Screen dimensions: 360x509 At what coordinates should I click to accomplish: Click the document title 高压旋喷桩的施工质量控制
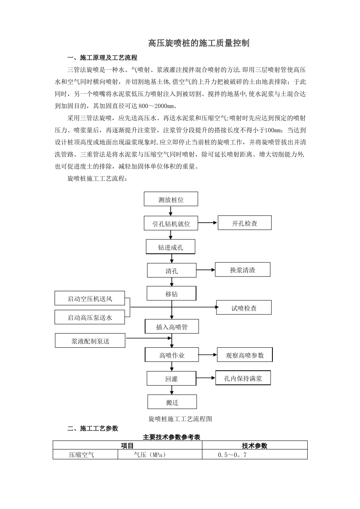(x=199, y=43)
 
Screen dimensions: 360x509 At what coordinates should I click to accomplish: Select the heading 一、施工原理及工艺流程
(x=102, y=58)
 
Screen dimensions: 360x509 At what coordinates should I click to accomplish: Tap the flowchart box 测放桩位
(x=171, y=199)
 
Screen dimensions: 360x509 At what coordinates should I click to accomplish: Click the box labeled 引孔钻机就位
(x=171, y=223)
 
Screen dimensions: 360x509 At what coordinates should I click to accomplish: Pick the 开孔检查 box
(x=244, y=223)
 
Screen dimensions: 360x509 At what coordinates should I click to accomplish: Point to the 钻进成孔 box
(x=171, y=247)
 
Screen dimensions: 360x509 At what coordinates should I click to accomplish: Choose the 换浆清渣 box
(x=243, y=270)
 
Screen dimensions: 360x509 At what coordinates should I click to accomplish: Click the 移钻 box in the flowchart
(x=172, y=294)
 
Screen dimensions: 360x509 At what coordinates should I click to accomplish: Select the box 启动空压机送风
(x=90, y=298)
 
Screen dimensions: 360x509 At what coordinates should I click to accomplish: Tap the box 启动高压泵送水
(x=90, y=317)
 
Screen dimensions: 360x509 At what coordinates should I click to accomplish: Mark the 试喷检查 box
(x=244, y=308)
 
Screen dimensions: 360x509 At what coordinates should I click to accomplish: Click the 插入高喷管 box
(x=172, y=326)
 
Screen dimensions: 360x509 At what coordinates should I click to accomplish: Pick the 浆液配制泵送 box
(x=90, y=341)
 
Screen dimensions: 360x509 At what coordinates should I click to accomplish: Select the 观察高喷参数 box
(x=244, y=355)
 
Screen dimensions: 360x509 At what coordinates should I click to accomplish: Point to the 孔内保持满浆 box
(x=243, y=378)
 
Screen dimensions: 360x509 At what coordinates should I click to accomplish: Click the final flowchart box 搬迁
(x=172, y=402)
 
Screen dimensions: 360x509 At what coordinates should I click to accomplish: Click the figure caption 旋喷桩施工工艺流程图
(x=180, y=418)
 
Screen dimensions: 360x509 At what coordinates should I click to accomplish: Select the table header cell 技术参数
(x=255, y=445)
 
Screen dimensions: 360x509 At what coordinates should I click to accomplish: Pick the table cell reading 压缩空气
(x=81, y=454)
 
